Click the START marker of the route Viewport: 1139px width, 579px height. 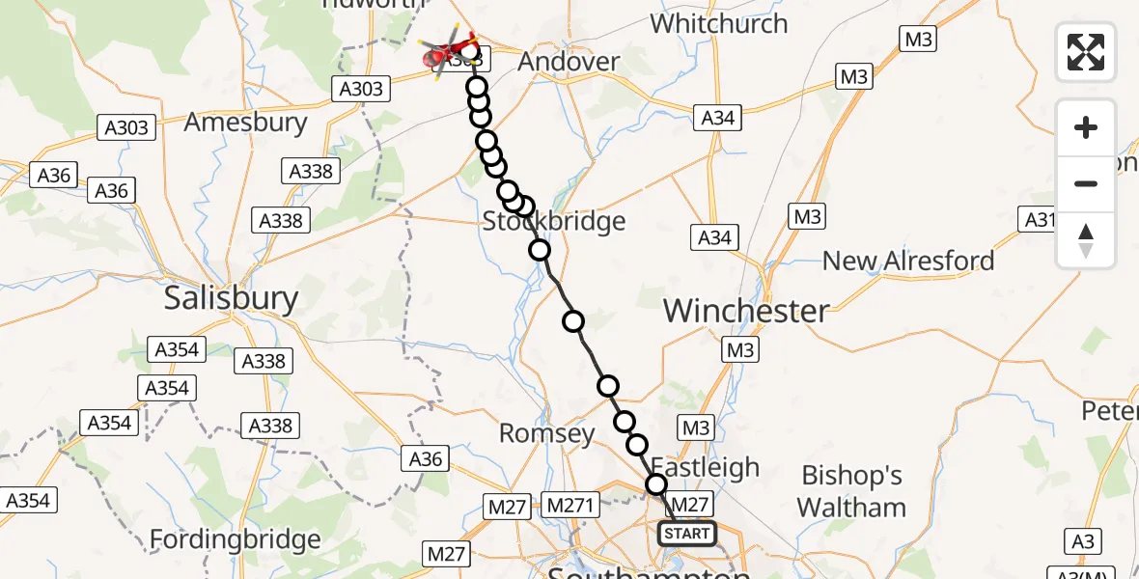coord(687,534)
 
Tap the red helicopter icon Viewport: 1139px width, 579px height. coord(449,52)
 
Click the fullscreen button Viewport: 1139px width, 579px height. coord(1086,51)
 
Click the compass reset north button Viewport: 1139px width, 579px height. coord(1086,240)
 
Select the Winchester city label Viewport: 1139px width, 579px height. coord(746,311)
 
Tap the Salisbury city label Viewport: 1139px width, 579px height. coord(231,297)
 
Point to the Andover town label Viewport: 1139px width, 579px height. coord(569,62)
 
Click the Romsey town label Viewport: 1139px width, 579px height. coord(546,433)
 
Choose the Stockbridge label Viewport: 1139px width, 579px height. coord(554,222)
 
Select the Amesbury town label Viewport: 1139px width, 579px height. coord(245,123)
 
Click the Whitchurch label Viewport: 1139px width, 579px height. coord(719,23)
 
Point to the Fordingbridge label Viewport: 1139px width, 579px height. coord(236,538)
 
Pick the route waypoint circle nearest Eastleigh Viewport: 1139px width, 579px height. coord(656,484)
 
